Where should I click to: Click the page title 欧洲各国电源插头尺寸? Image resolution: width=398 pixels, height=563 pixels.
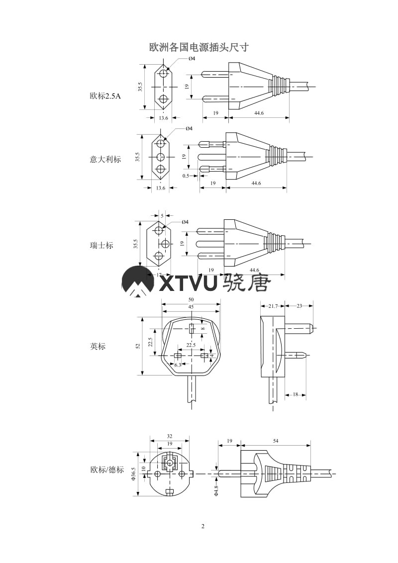pos(199,48)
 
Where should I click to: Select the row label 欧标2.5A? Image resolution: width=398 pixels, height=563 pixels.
pos(105,95)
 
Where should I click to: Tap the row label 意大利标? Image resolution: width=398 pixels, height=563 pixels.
pos(105,159)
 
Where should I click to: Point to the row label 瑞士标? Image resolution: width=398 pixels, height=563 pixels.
pos(101,245)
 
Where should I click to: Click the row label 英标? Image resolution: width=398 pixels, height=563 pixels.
pos(98,346)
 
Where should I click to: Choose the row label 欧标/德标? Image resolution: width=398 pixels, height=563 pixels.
pos(107,469)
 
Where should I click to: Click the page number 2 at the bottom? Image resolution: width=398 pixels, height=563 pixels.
pos(202,526)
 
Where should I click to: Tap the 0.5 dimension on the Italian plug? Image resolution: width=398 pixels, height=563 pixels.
pos(186,176)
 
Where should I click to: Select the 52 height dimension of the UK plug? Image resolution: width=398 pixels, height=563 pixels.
pos(138,346)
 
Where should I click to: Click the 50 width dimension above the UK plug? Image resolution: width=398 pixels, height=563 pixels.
pos(191,300)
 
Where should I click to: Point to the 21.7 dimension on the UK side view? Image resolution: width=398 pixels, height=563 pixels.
pos(273,306)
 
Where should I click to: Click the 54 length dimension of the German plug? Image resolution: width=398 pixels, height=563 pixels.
pos(276,441)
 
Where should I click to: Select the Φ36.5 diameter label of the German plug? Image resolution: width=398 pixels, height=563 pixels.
pos(133,474)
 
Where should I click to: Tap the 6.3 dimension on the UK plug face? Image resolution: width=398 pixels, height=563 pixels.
pos(178,365)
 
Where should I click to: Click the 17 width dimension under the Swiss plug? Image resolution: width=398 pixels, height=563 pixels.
pos(159,275)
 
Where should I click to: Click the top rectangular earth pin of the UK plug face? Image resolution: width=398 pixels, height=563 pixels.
pos(192,328)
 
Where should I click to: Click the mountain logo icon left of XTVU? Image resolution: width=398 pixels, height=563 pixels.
pos(138,282)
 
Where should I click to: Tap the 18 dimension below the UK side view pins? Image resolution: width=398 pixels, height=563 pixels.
pos(295,394)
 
